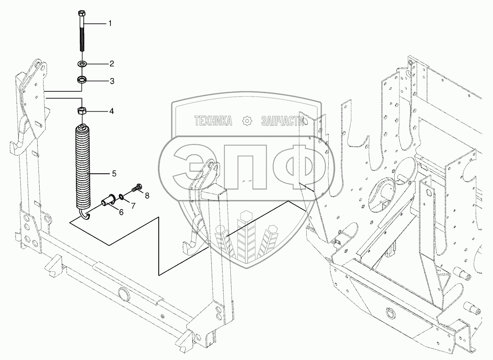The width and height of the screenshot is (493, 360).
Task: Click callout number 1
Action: coord(110,23)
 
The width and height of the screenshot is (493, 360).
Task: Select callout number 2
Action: coord(111,64)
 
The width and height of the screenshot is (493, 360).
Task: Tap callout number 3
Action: coord(111,81)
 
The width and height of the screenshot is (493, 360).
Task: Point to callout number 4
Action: coord(111,111)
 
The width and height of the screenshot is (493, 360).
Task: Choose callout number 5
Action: coord(114,174)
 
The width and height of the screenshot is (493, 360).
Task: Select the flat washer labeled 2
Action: coord(82,64)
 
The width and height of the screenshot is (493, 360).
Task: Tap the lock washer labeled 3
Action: coord(82,80)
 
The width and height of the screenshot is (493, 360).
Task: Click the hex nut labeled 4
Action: coord(82,111)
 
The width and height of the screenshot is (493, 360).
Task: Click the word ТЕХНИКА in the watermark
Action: coord(213,121)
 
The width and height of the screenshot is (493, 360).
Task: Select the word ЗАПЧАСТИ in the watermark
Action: coord(283,121)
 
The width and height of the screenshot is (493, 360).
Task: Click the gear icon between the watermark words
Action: coord(247,121)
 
